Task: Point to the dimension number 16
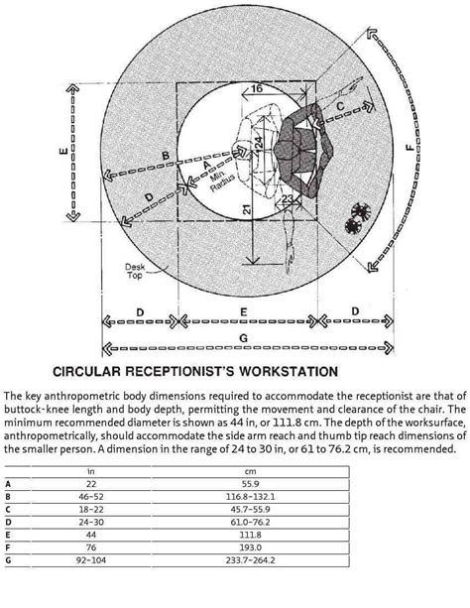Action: click(256, 88)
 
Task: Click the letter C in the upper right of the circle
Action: click(341, 105)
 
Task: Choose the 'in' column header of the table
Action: click(90, 471)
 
